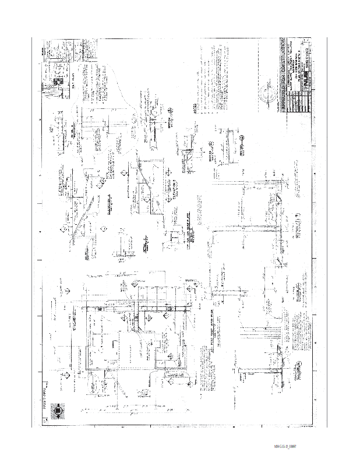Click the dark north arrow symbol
(x=58, y=411)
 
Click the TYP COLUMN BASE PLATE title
(x=190, y=232)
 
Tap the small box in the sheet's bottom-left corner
(x=45, y=428)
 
